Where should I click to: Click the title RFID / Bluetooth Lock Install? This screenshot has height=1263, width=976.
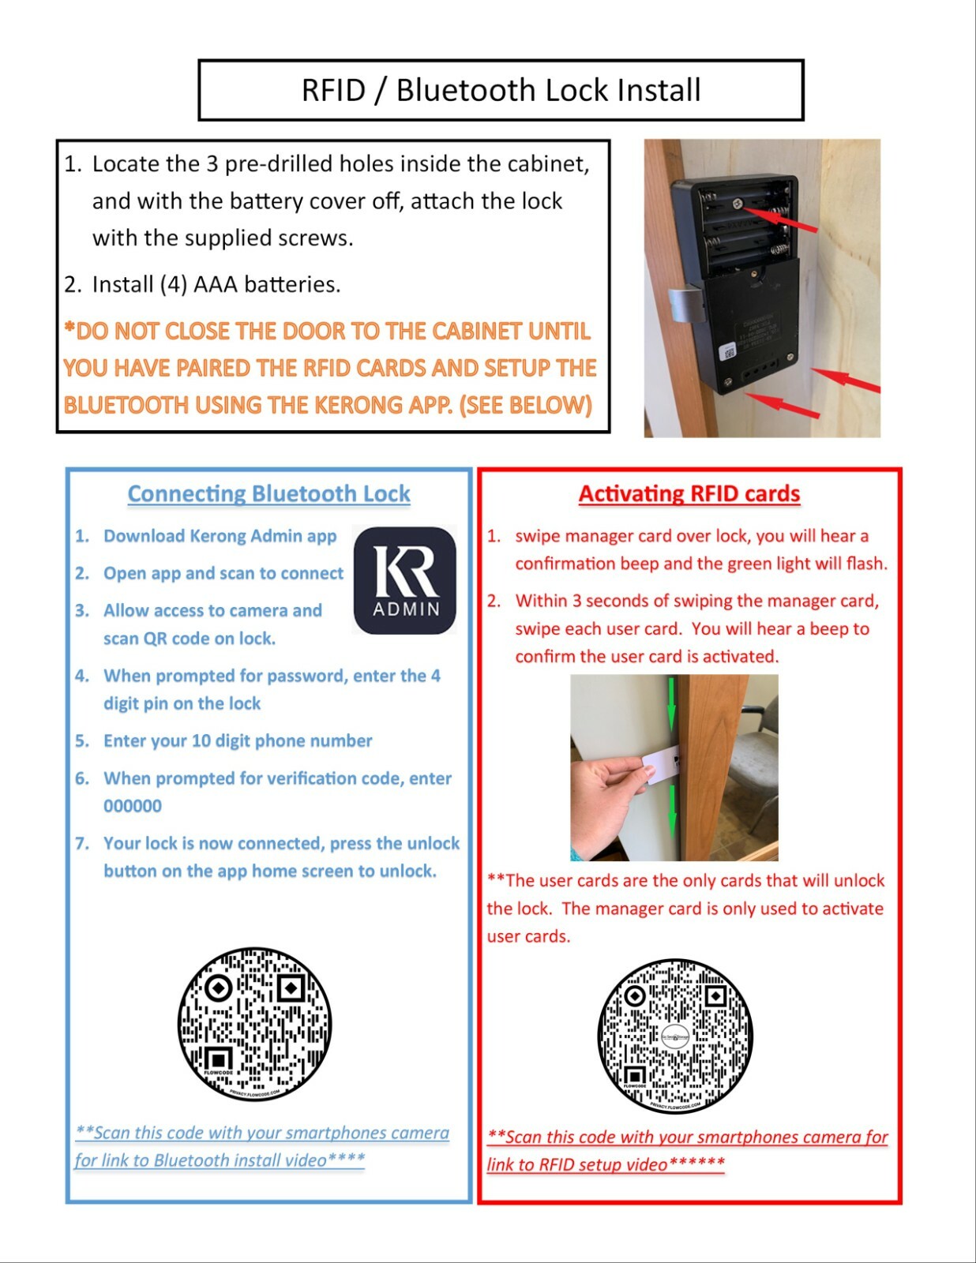tap(501, 90)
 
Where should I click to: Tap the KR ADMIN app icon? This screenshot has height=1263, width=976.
tap(404, 579)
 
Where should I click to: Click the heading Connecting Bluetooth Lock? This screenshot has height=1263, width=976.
tap(268, 493)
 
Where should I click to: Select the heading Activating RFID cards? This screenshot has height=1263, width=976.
tap(689, 493)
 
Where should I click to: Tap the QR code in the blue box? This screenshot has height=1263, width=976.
tap(254, 1024)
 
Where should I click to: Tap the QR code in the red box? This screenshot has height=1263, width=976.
tap(675, 1036)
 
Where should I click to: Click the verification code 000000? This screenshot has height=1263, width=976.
tap(133, 806)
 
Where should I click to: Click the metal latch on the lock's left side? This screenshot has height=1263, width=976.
tap(684, 304)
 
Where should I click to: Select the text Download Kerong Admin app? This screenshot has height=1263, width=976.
tap(220, 536)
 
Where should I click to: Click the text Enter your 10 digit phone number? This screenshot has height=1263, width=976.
tap(238, 740)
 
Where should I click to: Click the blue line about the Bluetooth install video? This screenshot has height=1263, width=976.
tap(261, 1146)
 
